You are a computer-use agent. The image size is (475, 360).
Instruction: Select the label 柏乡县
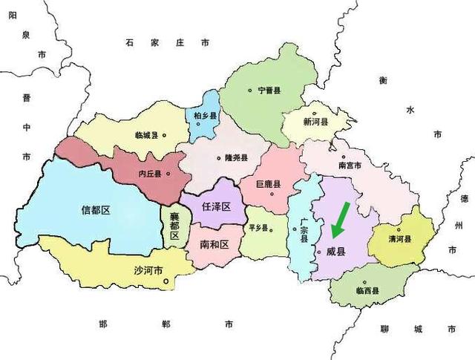204,117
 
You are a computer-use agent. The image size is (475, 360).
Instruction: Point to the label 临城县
147,135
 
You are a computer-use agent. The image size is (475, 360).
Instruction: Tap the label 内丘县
150,174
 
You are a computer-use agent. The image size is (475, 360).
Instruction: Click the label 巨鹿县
268,184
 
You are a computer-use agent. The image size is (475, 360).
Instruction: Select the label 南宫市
350,166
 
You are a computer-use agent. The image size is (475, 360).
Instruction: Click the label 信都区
95,210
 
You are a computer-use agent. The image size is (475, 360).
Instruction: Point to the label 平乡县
258,228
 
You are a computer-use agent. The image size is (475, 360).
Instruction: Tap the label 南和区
214,243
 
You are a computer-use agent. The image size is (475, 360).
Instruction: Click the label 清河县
400,239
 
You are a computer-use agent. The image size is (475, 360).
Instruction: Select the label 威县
336,252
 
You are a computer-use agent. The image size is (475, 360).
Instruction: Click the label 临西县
367,291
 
